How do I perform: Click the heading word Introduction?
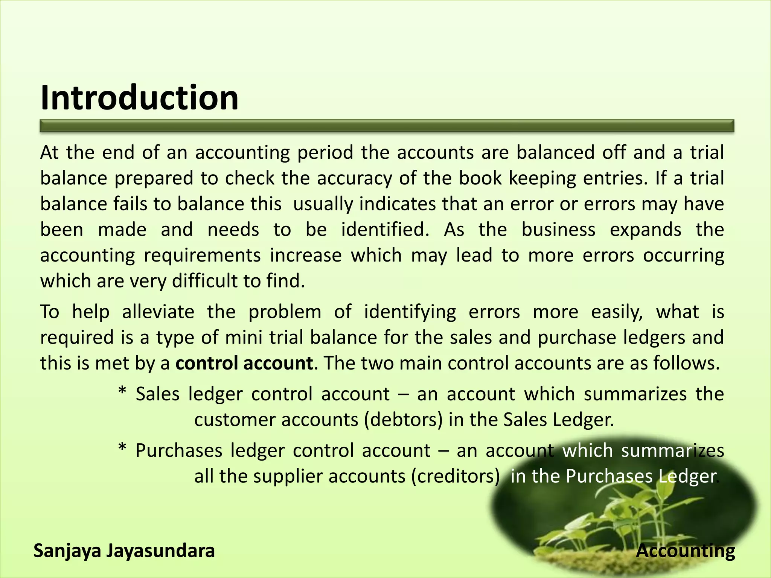(x=139, y=98)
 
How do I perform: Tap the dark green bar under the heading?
(x=387, y=126)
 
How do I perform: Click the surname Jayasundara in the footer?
(x=161, y=551)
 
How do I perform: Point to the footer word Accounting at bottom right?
(x=686, y=551)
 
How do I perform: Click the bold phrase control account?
(x=244, y=364)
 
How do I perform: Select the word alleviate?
(x=158, y=312)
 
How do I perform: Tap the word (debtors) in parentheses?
(x=403, y=420)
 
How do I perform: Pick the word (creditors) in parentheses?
(x=456, y=476)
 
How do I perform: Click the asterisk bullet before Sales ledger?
(x=122, y=392)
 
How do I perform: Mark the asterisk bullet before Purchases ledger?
(x=122, y=449)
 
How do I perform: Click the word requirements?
(x=203, y=256)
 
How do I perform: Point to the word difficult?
(x=204, y=281)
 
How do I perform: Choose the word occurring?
(x=683, y=256)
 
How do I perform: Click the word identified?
(x=385, y=230)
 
